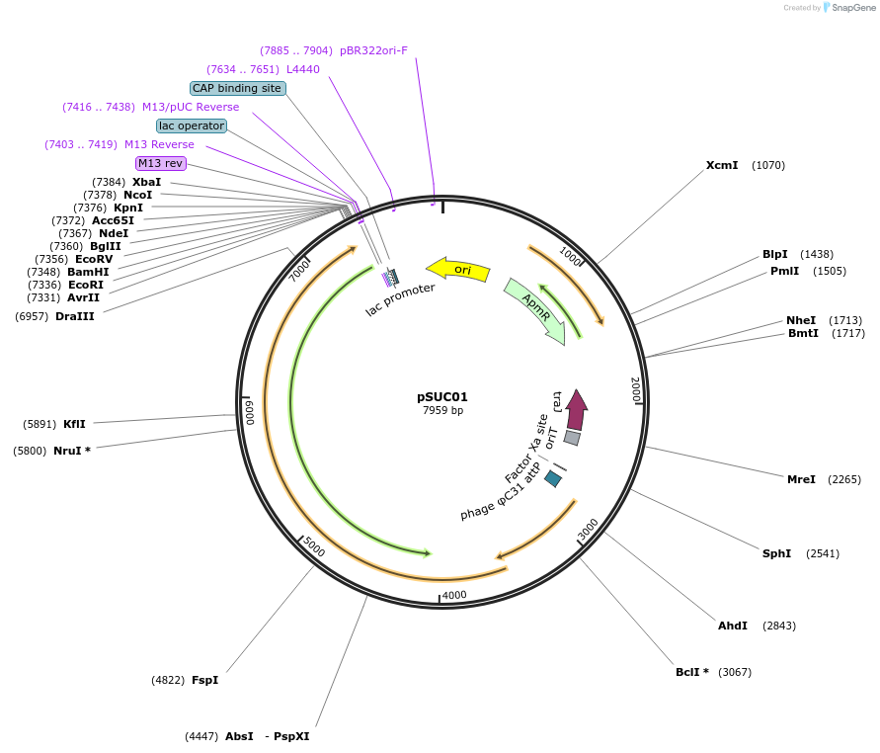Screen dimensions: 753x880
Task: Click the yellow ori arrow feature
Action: (457, 269)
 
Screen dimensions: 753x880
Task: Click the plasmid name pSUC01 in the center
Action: (442, 397)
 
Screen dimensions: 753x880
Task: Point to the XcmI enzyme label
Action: (722, 165)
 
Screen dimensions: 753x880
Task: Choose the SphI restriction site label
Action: (776, 553)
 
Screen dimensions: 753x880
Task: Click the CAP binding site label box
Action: (237, 88)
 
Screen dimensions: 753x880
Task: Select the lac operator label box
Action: (192, 125)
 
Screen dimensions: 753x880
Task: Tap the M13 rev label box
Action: (161, 163)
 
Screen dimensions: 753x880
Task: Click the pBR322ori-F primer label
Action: (373, 50)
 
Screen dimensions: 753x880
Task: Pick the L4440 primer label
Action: (303, 69)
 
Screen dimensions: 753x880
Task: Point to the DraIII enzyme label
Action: (75, 316)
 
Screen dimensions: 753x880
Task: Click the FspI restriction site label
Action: (204, 680)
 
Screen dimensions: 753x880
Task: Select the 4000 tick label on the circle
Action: (454, 595)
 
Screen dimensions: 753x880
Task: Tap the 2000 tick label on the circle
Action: (635, 389)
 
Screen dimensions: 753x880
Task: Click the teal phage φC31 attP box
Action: (553, 478)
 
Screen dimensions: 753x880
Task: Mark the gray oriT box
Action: (572, 437)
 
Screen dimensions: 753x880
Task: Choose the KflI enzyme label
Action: (74, 424)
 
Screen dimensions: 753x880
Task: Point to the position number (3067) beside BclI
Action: (735, 672)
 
